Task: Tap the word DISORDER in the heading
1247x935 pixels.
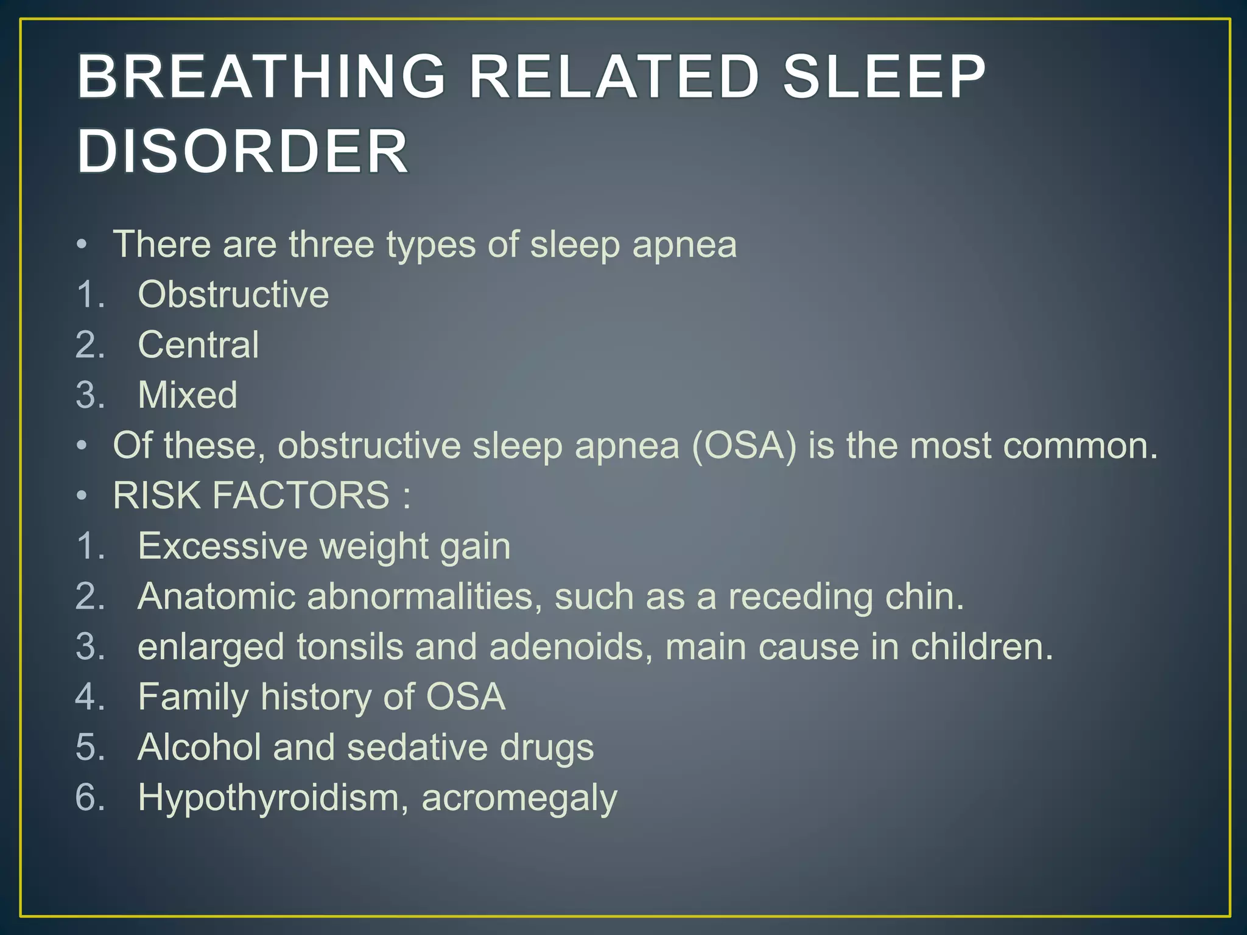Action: tap(243, 152)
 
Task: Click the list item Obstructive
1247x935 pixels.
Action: tap(233, 295)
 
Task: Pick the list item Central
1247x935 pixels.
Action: tap(198, 345)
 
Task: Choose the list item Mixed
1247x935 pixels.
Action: tap(188, 395)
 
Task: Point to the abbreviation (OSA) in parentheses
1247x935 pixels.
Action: tap(743, 446)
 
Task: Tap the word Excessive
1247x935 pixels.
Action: tap(223, 546)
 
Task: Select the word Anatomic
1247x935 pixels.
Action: tap(217, 596)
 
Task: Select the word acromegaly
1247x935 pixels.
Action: tap(519, 799)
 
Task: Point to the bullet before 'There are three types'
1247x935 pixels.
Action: tap(82, 245)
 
